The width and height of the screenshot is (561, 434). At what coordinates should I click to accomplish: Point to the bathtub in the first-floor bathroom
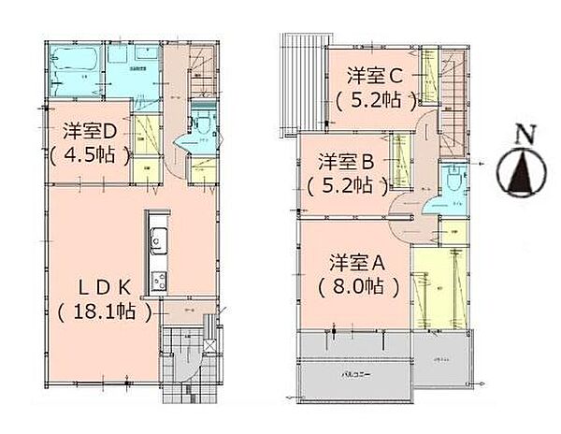(x=72, y=63)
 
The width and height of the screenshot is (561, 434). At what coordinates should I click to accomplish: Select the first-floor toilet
(x=198, y=125)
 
